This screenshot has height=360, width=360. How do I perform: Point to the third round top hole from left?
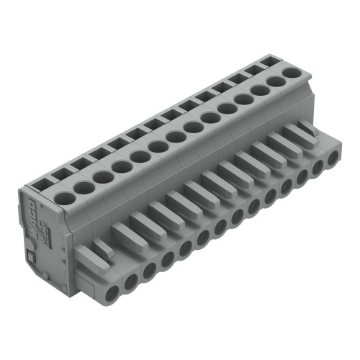point(103,176)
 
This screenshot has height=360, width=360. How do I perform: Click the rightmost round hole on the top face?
point(292,72)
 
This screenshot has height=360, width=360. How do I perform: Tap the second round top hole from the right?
point(276,81)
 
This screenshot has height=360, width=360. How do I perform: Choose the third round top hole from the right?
point(259,91)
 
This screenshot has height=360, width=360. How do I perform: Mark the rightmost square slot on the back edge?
point(272,59)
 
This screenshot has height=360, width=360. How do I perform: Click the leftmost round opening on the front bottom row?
point(113,292)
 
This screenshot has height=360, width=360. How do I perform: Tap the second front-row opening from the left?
point(131,282)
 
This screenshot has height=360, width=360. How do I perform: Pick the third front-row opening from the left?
point(149,270)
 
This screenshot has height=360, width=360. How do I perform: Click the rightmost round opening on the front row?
point(333,156)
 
